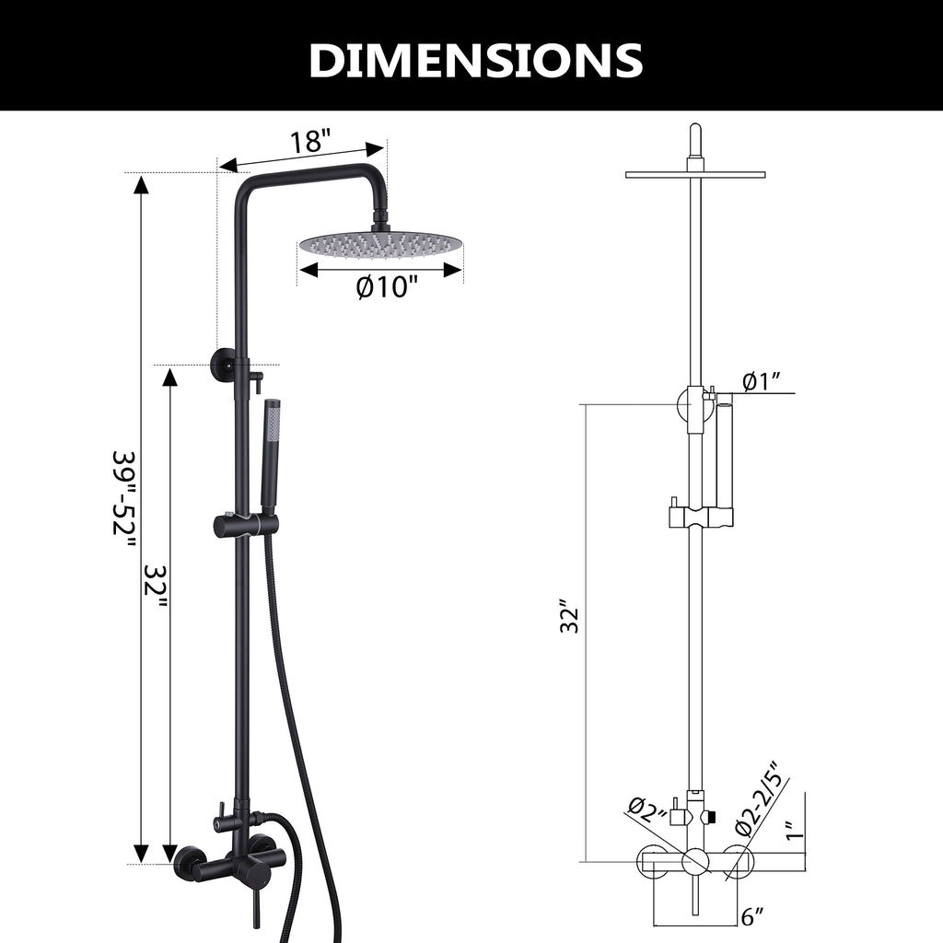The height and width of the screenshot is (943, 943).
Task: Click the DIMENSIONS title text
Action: pos(476,60)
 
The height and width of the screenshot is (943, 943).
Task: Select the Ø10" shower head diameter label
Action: pos(386,287)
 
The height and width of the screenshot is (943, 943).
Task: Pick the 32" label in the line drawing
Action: pos(569,615)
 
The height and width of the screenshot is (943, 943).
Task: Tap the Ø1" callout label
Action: pos(762,381)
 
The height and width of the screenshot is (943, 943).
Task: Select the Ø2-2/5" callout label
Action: pos(759,798)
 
